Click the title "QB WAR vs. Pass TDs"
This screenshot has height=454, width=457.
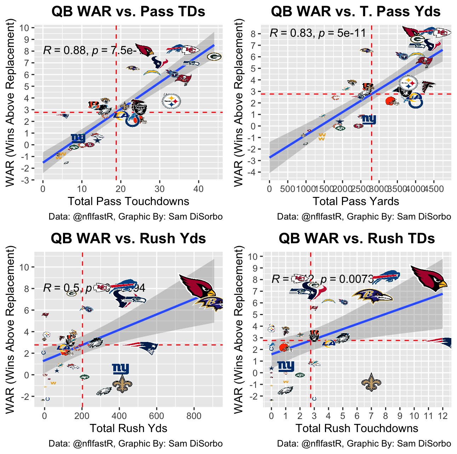(x=128, y=12)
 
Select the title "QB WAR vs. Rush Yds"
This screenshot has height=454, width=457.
(x=128, y=239)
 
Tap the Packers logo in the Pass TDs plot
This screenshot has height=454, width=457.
(x=214, y=57)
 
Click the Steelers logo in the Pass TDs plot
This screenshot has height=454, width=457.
(x=171, y=101)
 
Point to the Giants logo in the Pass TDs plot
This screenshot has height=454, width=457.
(x=78, y=138)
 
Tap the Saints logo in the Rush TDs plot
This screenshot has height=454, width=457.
(x=371, y=382)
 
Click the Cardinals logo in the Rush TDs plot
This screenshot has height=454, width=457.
(x=429, y=278)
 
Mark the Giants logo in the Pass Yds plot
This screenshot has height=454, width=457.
(x=369, y=120)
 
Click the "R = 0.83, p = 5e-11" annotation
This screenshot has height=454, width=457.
(x=318, y=33)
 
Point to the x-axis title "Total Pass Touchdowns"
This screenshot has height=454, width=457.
(x=128, y=202)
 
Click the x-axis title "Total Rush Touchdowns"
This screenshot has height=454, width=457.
(x=357, y=429)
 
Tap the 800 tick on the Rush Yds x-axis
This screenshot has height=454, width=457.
(x=194, y=416)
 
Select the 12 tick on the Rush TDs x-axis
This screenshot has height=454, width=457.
(x=442, y=416)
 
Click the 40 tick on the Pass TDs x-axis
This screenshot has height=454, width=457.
(x=199, y=189)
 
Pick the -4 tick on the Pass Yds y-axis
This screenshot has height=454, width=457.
(x=255, y=173)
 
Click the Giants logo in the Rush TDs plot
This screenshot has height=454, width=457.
(x=286, y=366)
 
